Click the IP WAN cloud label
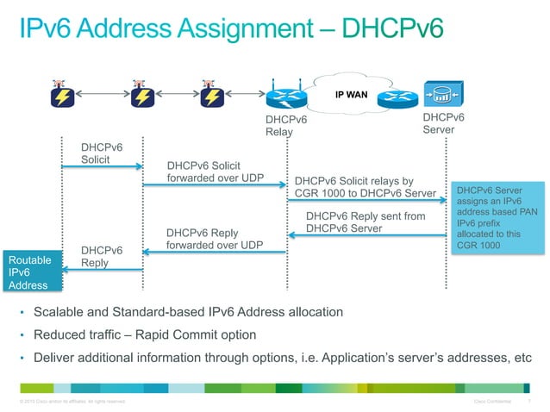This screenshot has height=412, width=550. [x=351, y=94]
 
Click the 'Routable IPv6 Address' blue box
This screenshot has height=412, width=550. [x=30, y=273]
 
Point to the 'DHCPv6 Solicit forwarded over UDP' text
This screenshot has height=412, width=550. [x=214, y=172]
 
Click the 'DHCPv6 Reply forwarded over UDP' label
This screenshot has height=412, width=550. [x=214, y=240]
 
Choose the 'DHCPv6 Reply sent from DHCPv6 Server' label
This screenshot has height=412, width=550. [x=366, y=222]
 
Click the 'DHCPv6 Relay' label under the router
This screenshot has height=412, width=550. [x=285, y=126]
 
